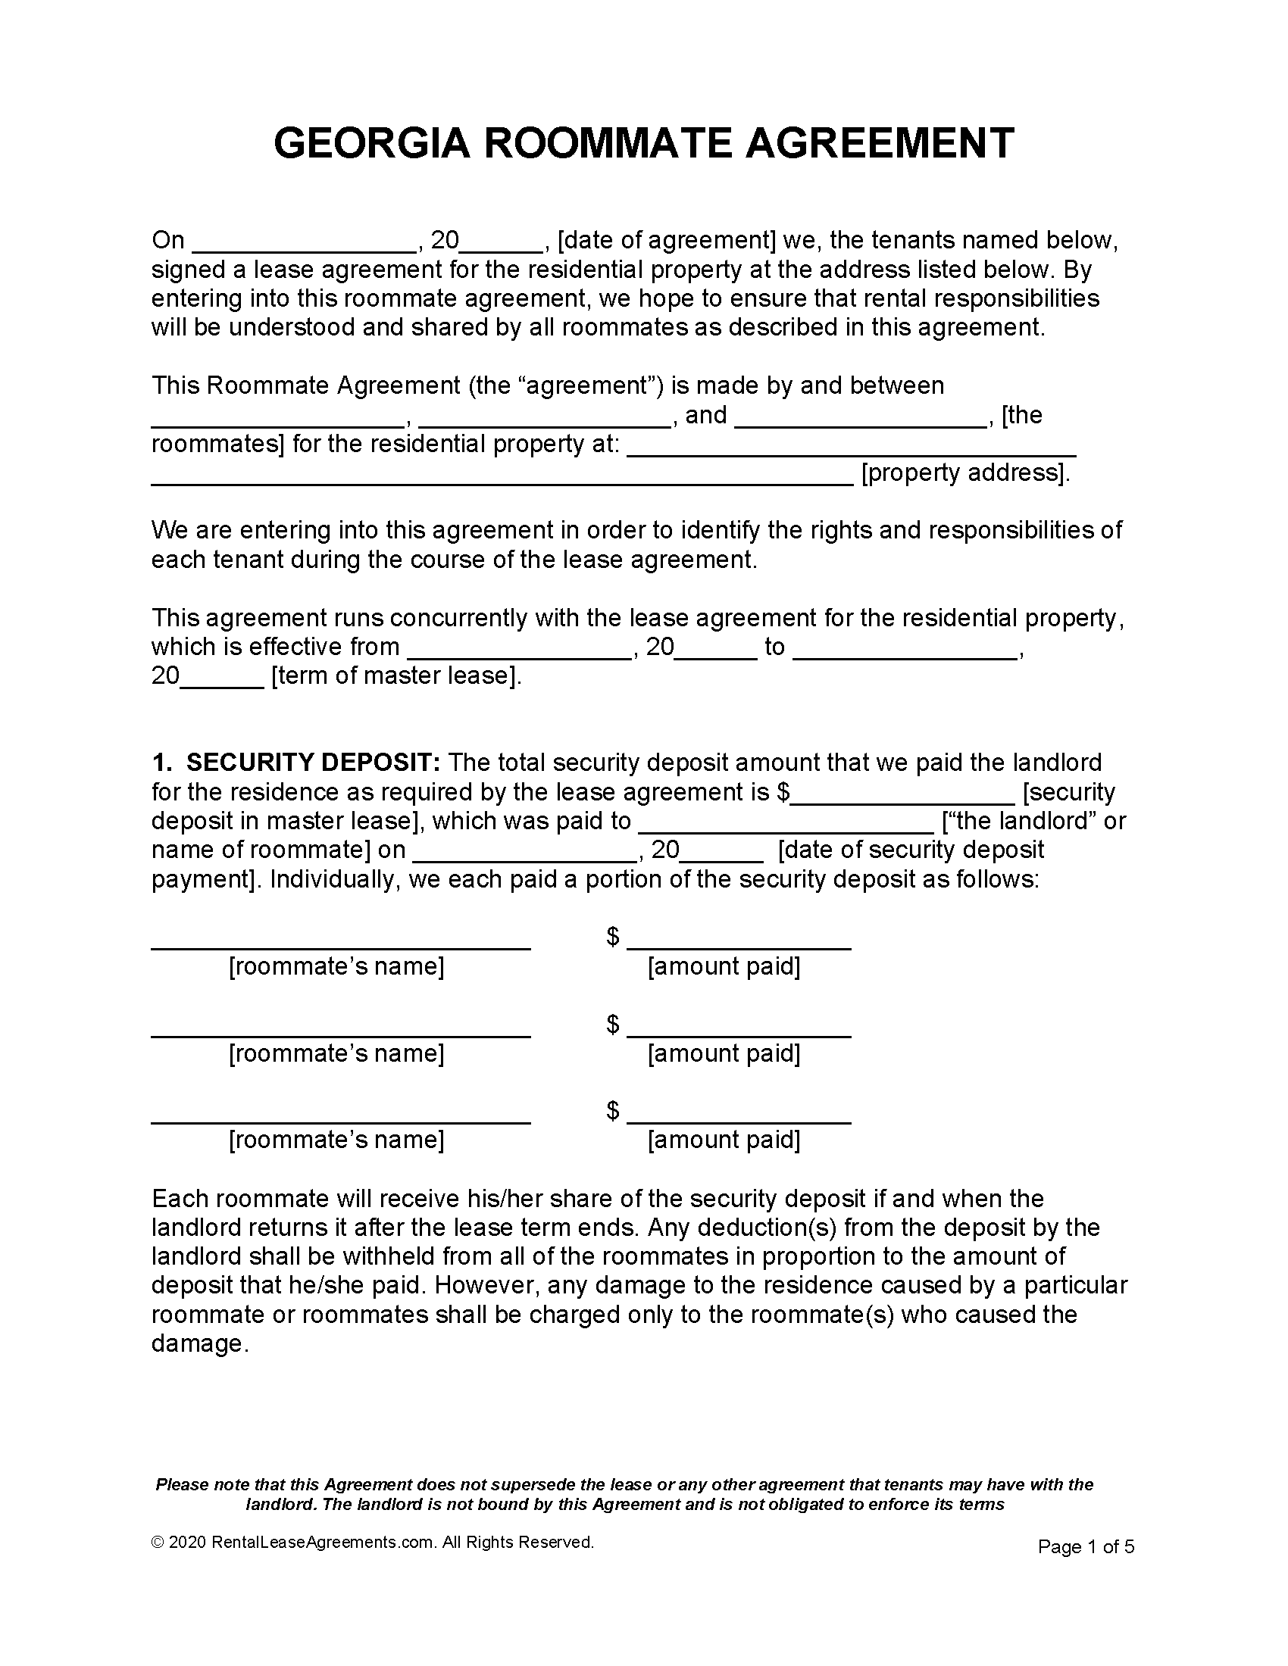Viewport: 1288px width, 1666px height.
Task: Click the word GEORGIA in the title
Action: pyautogui.click(x=371, y=143)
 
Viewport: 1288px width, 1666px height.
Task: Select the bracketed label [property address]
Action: pyautogui.click(x=965, y=473)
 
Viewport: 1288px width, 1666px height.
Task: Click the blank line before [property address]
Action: pyautogui.click(x=502, y=478)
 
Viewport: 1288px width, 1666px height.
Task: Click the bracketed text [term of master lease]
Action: pyautogui.click(x=397, y=675)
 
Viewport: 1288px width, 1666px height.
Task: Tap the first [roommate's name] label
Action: pyautogui.click(x=336, y=966)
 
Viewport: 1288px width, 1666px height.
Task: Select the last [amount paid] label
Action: pyautogui.click(x=724, y=1140)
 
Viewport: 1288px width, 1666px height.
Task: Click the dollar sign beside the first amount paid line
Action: pyautogui.click(x=613, y=937)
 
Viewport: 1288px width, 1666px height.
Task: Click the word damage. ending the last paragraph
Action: pyautogui.click(x=201, y=1343)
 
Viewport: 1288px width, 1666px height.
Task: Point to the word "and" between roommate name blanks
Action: pyautogui.click(x=706, y=416)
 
